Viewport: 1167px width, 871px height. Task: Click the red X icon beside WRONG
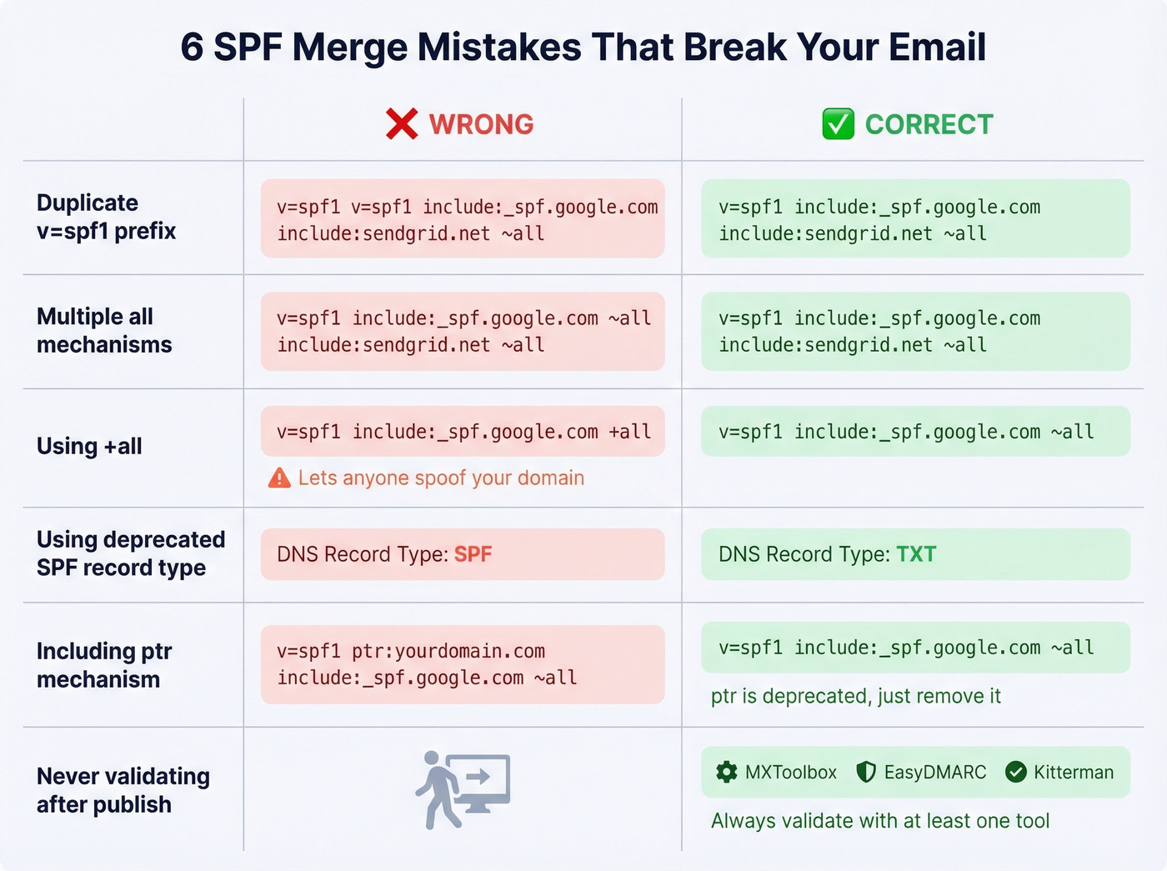[402, 124]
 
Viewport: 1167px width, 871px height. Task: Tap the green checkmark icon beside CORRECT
[838, 124]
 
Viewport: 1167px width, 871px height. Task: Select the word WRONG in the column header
[481, 124]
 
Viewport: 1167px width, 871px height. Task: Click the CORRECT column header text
[929, 124]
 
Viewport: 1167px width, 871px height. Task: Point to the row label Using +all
[89, 447]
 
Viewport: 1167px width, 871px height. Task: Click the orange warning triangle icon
[279, 478]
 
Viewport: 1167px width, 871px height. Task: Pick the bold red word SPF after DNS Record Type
[473, 554]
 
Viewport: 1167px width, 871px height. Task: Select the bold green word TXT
[915, 554]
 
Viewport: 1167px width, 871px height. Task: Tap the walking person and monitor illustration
[463, 789]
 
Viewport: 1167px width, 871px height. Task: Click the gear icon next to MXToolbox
[727, 772]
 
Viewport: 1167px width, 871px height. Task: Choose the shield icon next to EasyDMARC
[866, 772]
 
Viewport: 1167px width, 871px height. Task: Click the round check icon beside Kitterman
[1015, 772]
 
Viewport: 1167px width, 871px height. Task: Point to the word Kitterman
[1074, 772]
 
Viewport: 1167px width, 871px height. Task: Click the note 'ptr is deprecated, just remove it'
[855, 696]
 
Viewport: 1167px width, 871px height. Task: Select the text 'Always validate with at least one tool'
[879, 821]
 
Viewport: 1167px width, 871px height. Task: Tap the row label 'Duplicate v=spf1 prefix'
[106, 217]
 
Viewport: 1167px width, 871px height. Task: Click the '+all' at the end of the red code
[629, 432]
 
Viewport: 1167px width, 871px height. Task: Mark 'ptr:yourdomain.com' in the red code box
[448, 651]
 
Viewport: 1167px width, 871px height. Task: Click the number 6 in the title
[192, 48]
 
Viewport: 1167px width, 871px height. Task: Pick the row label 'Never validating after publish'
[123, 790]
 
